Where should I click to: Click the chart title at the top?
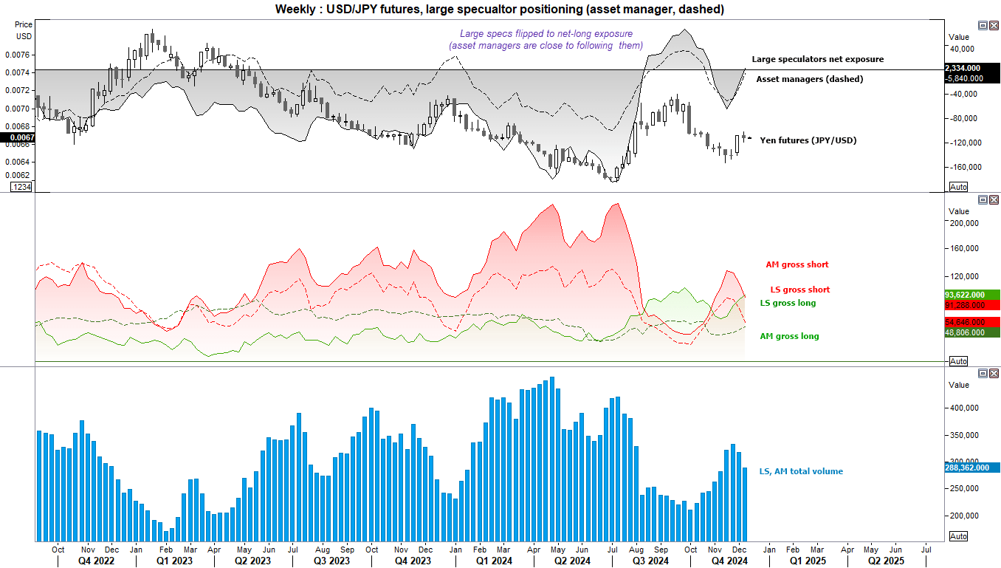pos(500,9)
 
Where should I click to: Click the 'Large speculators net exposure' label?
pos(817,59)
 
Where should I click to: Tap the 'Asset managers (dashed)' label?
pos(809,78)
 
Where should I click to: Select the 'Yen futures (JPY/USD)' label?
pos(808,140)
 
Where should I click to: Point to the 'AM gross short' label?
pos(797,264)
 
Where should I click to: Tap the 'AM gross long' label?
pos(789,336)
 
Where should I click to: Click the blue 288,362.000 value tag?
pos(972,468)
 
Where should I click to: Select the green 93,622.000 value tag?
pos(972,294)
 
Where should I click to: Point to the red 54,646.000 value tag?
pos(972,322)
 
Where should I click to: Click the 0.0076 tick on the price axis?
pos(21,55)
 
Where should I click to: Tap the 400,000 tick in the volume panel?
pos(964,408)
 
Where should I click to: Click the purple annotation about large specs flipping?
pos(546,40)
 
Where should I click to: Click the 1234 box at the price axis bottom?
pos(21,188)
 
